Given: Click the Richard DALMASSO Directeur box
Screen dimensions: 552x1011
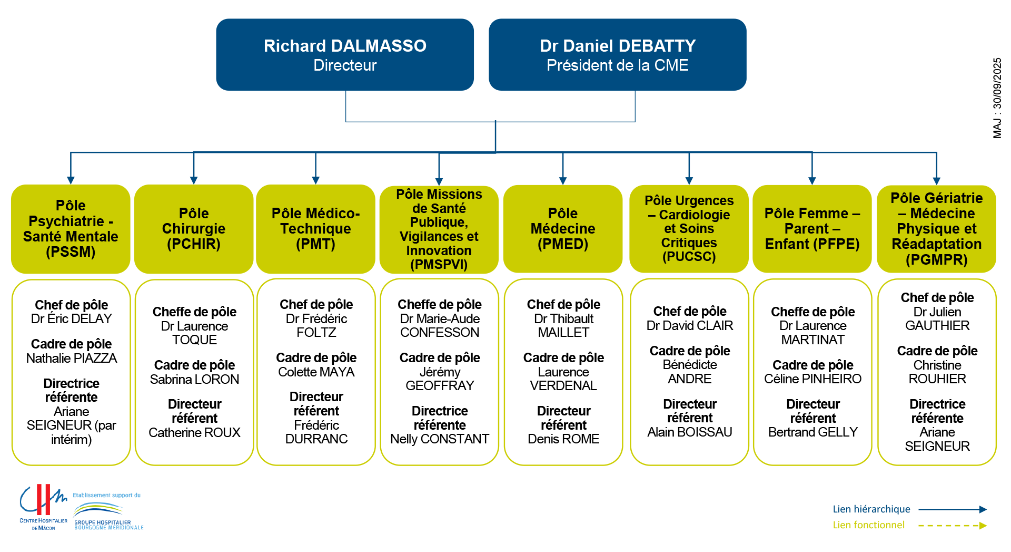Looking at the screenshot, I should (345, 55).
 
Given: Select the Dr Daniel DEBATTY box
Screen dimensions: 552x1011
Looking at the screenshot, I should (617, 55).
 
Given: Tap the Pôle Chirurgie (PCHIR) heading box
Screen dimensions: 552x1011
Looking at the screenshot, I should (194, 229).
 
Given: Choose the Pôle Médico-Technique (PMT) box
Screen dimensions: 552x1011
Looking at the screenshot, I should (315, 229).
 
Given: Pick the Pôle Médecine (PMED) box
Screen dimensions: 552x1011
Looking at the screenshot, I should (563, 229).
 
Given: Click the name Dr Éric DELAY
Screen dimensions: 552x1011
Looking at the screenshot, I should (72, 319).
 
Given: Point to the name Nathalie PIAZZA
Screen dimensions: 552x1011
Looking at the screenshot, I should (72, 359).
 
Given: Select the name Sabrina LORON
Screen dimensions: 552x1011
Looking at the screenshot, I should (194, 380).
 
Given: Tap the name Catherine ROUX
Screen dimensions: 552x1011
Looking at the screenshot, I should (194, 433).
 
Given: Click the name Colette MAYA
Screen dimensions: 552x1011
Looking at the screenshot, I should (316, 372).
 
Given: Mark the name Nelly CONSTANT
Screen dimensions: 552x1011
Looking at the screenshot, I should (440, 439).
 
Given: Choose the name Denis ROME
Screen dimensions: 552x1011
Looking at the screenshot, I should (563, 439).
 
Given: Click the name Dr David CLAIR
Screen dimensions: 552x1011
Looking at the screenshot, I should (690, 326).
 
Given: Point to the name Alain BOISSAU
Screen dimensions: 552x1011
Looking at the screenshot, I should (690, 432).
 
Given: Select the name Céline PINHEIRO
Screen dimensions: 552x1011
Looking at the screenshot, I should (813, 379).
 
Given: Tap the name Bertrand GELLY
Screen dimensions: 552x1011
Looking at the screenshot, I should (813, 432).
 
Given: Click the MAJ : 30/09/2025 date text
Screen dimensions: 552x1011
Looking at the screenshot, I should (997, 98).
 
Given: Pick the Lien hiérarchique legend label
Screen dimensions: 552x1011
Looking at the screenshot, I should (871, 509).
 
